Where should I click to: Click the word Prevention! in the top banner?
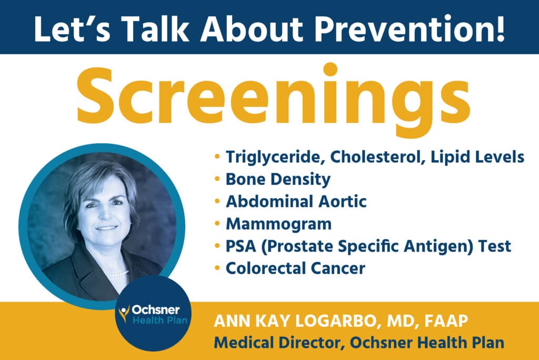[410, 28]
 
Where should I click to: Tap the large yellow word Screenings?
[273, 99]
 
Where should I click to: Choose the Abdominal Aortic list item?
[296, 202]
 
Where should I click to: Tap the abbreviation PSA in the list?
[241, 246]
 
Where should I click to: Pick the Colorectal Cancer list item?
[295, 268]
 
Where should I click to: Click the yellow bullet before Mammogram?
[217, 224]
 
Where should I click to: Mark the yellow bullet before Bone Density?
[217, 179]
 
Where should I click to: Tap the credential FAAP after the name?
[446, 321]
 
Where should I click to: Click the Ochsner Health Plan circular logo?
[153, 313]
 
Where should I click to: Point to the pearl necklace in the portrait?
[117, 274]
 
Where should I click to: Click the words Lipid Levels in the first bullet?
[477, 158]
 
